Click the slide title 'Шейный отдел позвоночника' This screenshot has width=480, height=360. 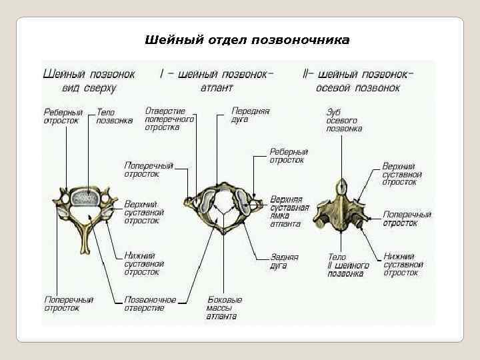[247, 40]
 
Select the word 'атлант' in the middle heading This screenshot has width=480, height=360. [216, 87]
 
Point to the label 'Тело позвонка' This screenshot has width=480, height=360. [115, 117]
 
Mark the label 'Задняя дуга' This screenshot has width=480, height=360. [285, 261]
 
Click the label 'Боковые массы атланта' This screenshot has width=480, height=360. [224, 307]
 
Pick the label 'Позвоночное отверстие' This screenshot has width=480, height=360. [150, 303]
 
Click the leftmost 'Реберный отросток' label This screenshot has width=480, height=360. [63, 117]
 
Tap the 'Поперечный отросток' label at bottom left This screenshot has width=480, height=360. [69, 303]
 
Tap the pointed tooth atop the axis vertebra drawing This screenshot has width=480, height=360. [342, 185]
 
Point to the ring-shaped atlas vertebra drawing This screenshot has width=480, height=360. [220, 207]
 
